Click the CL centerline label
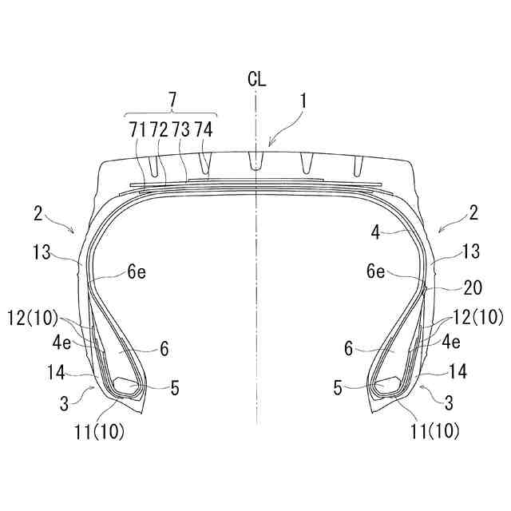(256, 79)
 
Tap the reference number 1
(303, 101)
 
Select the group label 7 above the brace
(172, 100)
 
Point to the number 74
(204, 129)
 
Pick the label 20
(473, 287)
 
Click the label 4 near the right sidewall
(375, 232)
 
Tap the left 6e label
(137, 271)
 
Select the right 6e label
(375, 271)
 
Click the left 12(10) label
(32, 318)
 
